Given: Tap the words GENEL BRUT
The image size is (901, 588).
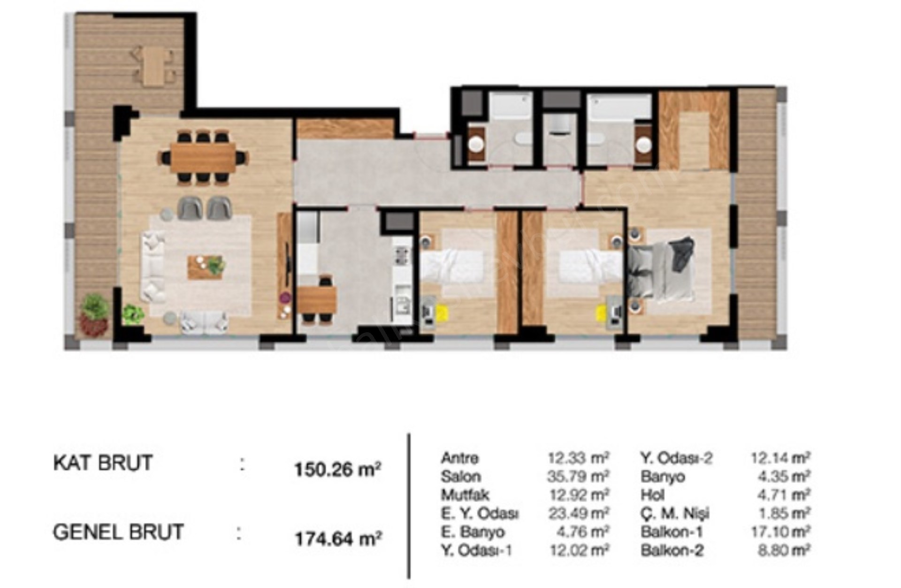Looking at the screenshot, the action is pos(118,532).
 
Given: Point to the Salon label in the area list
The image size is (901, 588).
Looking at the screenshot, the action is pos(461,476).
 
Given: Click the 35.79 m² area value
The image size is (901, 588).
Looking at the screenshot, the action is pos(578,476).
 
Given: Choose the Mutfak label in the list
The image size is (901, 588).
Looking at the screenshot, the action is pos(465,495).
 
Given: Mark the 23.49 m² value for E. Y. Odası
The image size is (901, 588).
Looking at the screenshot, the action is pos(579,513).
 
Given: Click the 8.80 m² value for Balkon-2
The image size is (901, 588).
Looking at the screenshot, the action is pos(784,550).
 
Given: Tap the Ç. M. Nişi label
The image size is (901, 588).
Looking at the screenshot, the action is pos(675,513).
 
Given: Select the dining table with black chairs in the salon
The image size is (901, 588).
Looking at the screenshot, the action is pos(203,158).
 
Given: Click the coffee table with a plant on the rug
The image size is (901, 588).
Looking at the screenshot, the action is pos(206,267).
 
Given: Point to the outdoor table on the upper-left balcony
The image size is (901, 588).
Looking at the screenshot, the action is pos(153,66).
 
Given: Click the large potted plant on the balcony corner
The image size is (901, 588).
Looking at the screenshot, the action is pos(94,314).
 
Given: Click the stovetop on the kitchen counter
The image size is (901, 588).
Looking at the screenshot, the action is pos(402,256).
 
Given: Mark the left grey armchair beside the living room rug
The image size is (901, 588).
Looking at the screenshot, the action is pos(190,208).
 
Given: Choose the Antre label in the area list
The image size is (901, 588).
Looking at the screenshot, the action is pos(460,458).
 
